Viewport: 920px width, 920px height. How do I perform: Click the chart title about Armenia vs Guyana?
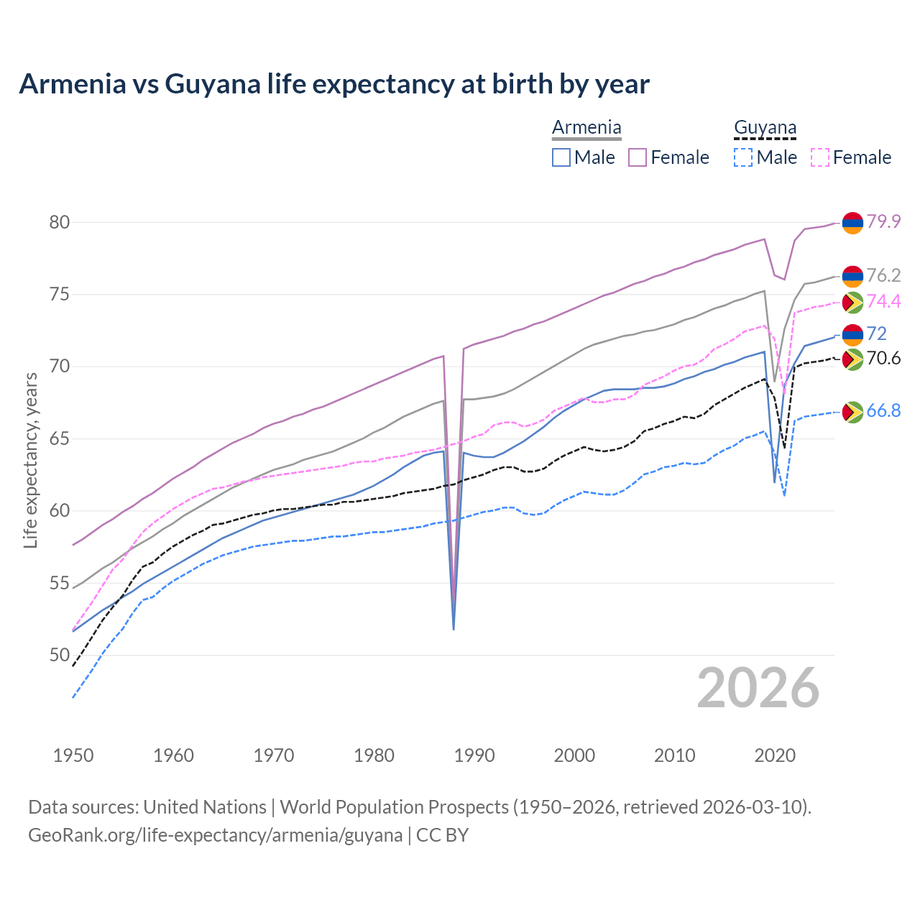click(x=334, y=84)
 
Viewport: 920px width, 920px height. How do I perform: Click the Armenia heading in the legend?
click(x=586, y=128)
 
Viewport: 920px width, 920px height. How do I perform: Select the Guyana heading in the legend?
click(x=765, y=128)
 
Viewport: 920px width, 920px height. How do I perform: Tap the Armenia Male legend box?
click(x=561, y=157)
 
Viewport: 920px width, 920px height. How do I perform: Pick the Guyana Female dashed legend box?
click(x=820, y=157)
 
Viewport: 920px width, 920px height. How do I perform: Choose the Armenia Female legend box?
click(x=638, y=157)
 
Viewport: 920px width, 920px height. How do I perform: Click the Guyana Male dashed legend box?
click(x=743, y=157)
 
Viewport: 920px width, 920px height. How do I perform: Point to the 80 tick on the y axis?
click(x=60, y=222)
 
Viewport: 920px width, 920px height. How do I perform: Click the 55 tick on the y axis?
click(x=60, y=583)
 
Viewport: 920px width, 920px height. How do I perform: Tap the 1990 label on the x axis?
click(x=474, y=755)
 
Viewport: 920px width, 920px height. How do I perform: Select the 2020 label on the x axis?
click(x=775, y=755)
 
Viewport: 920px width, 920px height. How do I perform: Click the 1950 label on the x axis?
click(x=73, y=755)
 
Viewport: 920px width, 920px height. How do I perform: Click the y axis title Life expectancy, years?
click(x=30, y=460)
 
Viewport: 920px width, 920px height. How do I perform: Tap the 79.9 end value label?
click(x=883, y=221)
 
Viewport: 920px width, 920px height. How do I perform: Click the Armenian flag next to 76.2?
click(x=852, y=276)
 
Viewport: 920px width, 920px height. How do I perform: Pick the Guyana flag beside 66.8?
click(x=852, y=412)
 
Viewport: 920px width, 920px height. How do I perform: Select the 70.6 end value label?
click(x=883, y=358)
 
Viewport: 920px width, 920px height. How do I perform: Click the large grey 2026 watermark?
click(x=758, y=688)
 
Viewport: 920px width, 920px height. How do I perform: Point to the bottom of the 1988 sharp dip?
click(x=454, y=629)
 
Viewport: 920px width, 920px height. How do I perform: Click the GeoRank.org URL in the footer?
click(x=215, y=835)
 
